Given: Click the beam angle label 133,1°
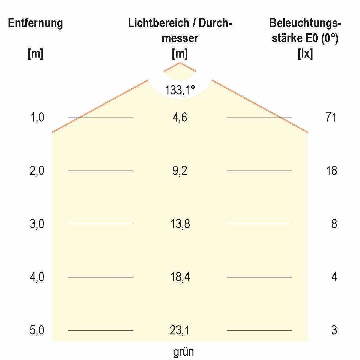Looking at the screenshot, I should tap(180, 90).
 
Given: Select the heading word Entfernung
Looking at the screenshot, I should tap(35, 23).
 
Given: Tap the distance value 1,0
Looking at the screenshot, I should tap(37, 117).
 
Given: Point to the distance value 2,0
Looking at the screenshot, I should tap(37, 171).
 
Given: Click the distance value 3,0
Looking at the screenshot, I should tap(37, 224).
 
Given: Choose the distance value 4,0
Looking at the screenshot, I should tap(37, 277).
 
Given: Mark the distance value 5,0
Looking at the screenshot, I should tap(37, 330).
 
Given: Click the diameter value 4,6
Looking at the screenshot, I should tap(180, 117).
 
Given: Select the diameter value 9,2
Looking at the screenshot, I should tap(180, 171).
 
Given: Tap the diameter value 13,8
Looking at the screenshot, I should tap(180, 224).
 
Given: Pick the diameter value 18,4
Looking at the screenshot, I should tap(180, 277).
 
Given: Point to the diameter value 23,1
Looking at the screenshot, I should tap(180, 330).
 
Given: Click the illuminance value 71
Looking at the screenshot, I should tap(331, 117).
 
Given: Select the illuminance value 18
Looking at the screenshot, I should tap(331, 171).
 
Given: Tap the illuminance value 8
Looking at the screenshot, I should tap(334, 224).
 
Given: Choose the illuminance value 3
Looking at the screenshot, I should tap(334, 330).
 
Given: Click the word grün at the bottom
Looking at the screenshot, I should tap(183, 352).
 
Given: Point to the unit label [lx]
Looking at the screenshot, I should tap(305, 54).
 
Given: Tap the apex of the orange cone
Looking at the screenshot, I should tap(180, 63).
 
